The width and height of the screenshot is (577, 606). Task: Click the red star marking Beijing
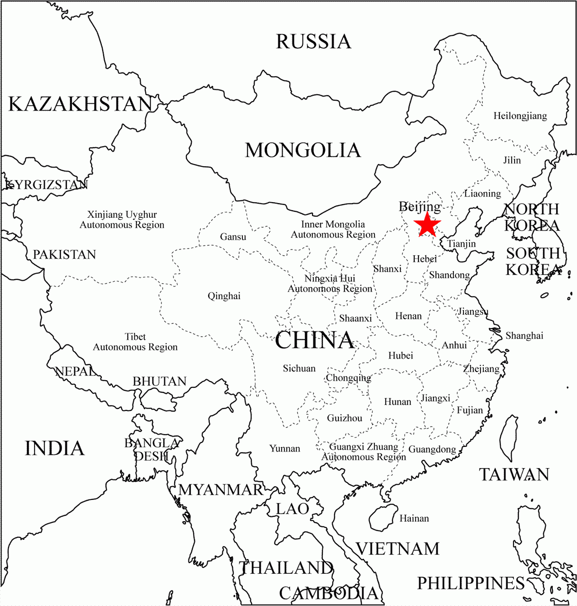click(x=427, y=225)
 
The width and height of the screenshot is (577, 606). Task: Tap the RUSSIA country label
click(x=313, y=42)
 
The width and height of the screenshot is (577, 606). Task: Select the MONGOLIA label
click(x=303, y=151)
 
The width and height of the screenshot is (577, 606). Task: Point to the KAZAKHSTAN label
click(x=80, y=104)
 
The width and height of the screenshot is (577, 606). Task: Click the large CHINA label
click(x=314, y=340)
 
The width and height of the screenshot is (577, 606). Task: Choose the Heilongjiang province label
click(x=520, y=116)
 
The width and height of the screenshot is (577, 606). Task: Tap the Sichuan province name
click(x=299, y=368)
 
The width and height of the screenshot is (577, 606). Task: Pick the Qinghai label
click(x=224, y=296)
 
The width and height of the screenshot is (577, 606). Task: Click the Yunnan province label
click(x=284, y=448)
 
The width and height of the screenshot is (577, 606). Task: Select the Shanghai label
click(x=524, y=336)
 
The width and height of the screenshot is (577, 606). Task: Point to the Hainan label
click(x=414, y=518)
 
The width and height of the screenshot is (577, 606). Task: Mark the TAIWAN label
click(x=514, y=474)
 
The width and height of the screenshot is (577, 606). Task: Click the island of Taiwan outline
click(x=509, y=438)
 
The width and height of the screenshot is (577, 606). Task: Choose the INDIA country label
click(x=54, y=448)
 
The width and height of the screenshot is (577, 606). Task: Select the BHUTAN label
click(x=160, y=382)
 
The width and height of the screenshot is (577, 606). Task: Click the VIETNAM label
click(x=398, y=549)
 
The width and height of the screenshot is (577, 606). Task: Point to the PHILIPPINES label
click(x=470, y=583)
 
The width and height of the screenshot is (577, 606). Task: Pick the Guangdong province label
click(x=432, y=449)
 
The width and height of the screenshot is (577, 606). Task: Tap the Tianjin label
click(x=462, y=244)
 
